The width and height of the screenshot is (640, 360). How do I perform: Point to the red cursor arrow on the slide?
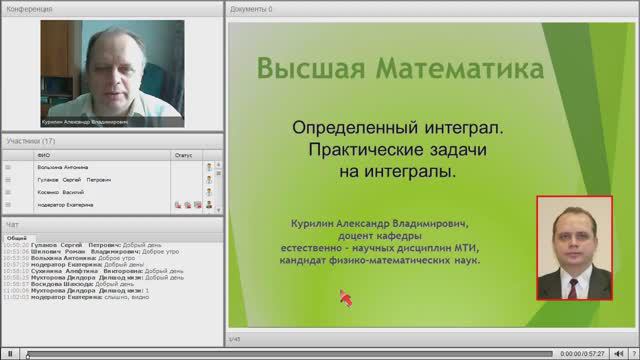click(345, 297)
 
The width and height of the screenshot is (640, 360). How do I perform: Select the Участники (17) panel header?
click(30, 141)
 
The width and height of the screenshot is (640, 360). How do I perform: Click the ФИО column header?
click(42, 155)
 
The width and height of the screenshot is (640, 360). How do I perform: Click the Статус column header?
click(183, 155)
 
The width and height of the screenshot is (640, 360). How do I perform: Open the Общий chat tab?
click(18, 236)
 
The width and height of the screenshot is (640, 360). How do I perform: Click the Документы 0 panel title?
click(251, 8)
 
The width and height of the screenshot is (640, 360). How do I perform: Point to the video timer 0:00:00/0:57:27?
click(584, 353)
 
